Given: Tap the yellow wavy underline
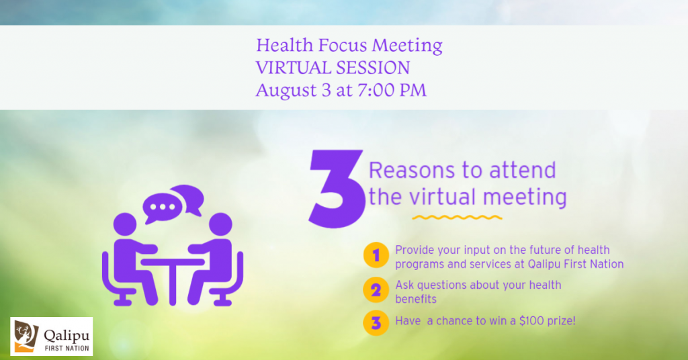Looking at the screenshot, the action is click(457, 217).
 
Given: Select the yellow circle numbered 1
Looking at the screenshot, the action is click(376, 255).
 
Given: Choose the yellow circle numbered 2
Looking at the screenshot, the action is click(376, 290).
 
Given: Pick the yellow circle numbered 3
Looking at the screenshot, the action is click(376, 323).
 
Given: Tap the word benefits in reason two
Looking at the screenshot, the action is click(416, 299).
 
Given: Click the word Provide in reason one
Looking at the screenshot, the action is click(414, 250).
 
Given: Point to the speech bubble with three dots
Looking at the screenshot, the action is click(163, 208).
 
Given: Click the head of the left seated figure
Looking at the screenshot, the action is click(125, 224).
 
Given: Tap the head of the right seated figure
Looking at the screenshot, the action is click(220, 224).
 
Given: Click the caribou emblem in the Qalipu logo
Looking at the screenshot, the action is click(26, 336).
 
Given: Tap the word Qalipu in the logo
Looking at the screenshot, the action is click(67, 336).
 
